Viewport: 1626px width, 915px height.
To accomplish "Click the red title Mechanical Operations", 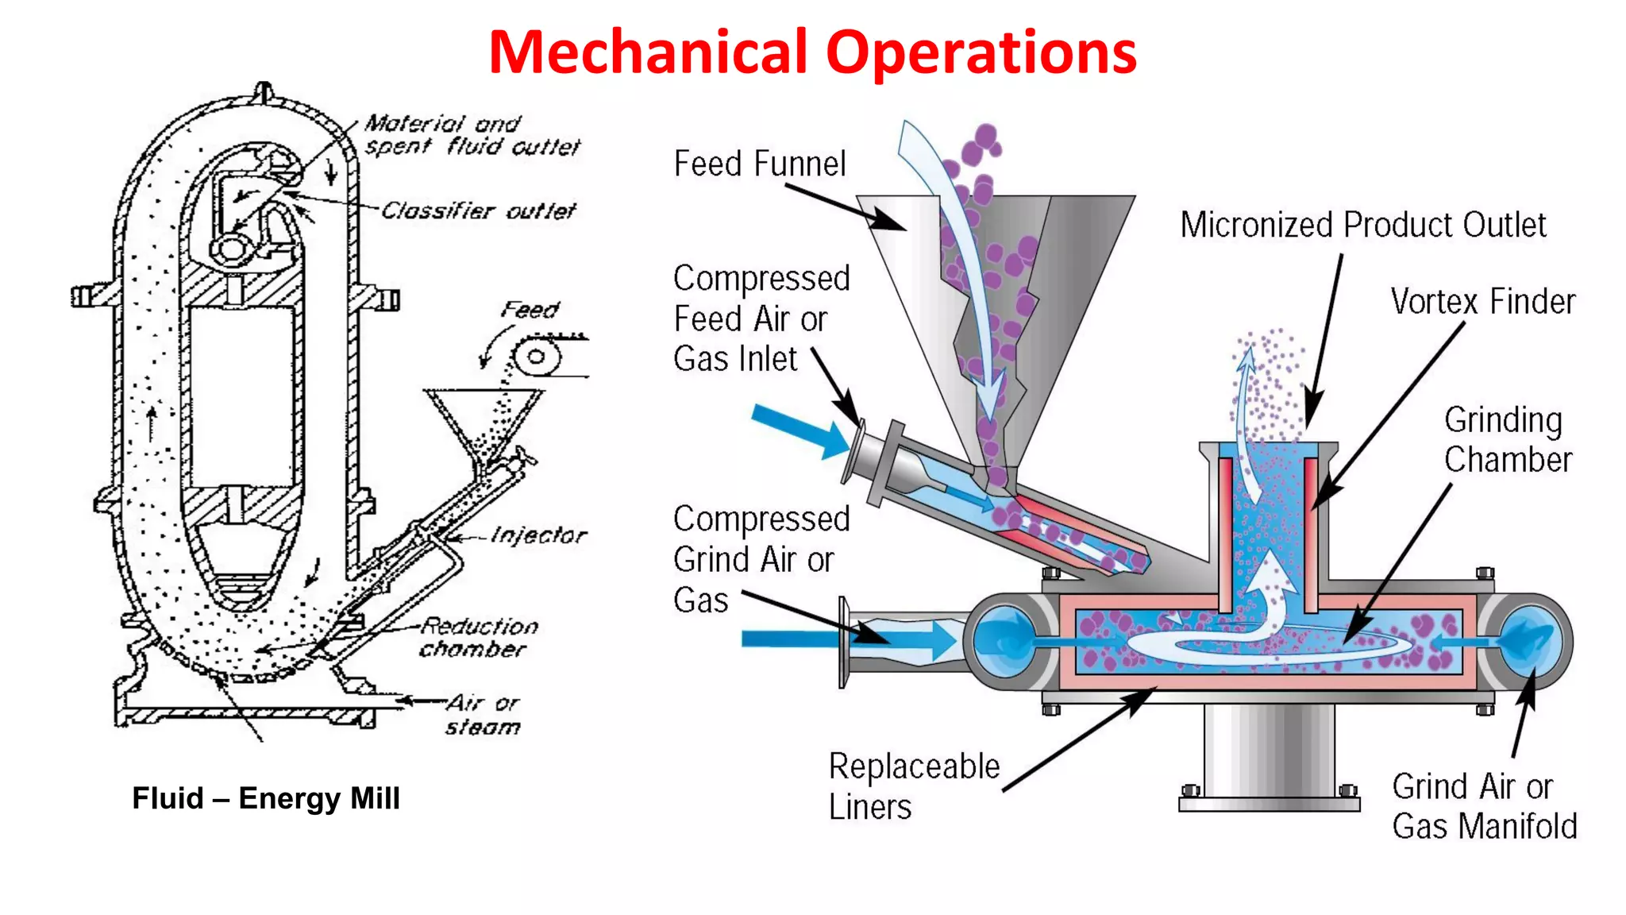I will coord(812,52).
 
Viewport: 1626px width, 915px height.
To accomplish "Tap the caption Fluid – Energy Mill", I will coord(266,797).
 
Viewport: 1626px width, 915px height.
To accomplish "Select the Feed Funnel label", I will coord(759,164).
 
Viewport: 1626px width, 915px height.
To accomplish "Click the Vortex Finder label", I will coord(1482,302).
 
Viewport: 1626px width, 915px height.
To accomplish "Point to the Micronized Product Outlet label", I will coord(1362,225).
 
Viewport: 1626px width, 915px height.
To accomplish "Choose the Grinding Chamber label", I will coord(1506,440).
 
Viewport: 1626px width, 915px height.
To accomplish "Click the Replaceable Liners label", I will coord(913,786).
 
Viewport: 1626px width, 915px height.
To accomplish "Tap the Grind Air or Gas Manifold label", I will coord(1483,806).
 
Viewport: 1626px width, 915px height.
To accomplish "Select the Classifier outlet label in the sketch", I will coord(478,210).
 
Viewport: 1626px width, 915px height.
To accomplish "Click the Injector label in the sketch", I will coord(538,535).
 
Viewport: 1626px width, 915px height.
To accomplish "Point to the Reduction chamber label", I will coord(478,638).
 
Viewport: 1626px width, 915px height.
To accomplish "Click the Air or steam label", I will coord(483,715).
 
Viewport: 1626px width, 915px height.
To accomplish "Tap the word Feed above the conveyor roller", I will coord(530,310).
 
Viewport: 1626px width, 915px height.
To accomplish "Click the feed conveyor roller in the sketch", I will coord(537,357).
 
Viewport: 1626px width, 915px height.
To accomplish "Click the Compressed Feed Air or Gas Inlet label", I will coord(761,319).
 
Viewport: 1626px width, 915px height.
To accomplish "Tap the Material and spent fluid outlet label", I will coord(472,135).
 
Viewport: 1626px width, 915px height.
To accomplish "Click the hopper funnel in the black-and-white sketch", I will coord(483,421).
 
